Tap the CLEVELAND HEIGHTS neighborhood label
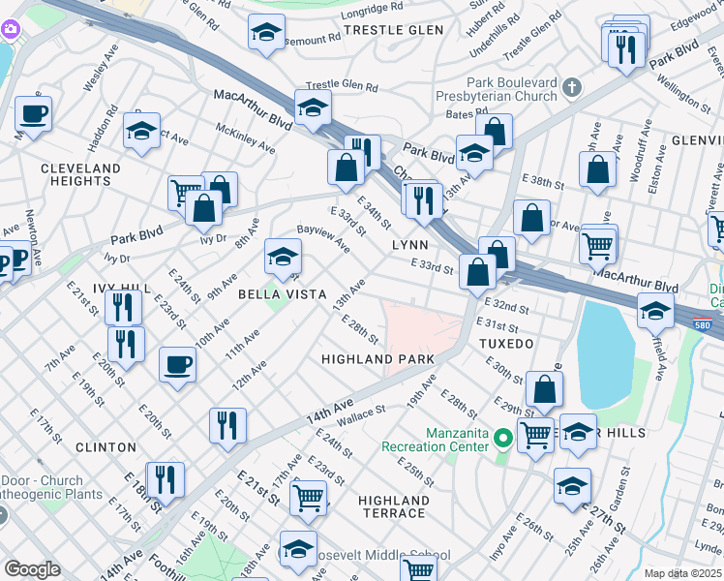pyautogui.click(x=81, y=174)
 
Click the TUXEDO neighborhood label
pyautogui.click(x=505, y=344)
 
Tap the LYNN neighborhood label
pyautogui.click(x=409, y=246)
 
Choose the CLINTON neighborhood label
pyautogui.click(x=105, y=447)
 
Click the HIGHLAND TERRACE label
pyautogui.click(x=392, y=506)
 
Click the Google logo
pyautogui.click(x=32, y=568)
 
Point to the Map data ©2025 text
pyautogui.click(x=682, y=573)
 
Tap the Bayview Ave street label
pyautogui.click(x=323, y=238)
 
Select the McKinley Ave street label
pyautogui.click(x=246, y=139)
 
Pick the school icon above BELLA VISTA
pyautogui.click(x=283, y=257)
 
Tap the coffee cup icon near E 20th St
pyautogui.click(x=176, y=365)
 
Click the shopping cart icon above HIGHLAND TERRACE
pyautogui.click(x=308, y=498)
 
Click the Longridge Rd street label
pyautogui.click(x=354, y=9)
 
